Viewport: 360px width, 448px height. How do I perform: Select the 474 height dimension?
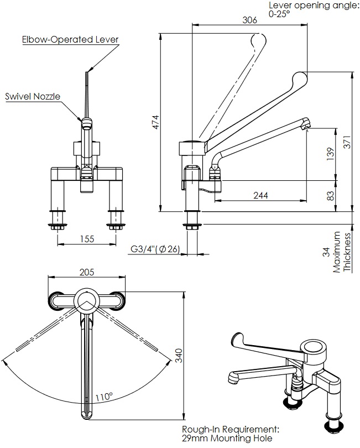pos(155,122)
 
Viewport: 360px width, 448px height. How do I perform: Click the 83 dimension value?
pos(330,196)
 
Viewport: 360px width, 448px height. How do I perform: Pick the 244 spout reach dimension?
pos(262,195)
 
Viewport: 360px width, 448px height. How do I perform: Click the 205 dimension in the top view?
pos(87,272)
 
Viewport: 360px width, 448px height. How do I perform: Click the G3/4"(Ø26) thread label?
pos(155,249)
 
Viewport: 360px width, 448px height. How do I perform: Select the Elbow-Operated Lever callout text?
pos(70,40)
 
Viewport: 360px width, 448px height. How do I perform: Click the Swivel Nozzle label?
pos(33,96)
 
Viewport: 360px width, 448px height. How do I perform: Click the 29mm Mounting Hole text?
pos(227,439)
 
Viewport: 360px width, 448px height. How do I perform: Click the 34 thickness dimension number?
pos(325,251)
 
